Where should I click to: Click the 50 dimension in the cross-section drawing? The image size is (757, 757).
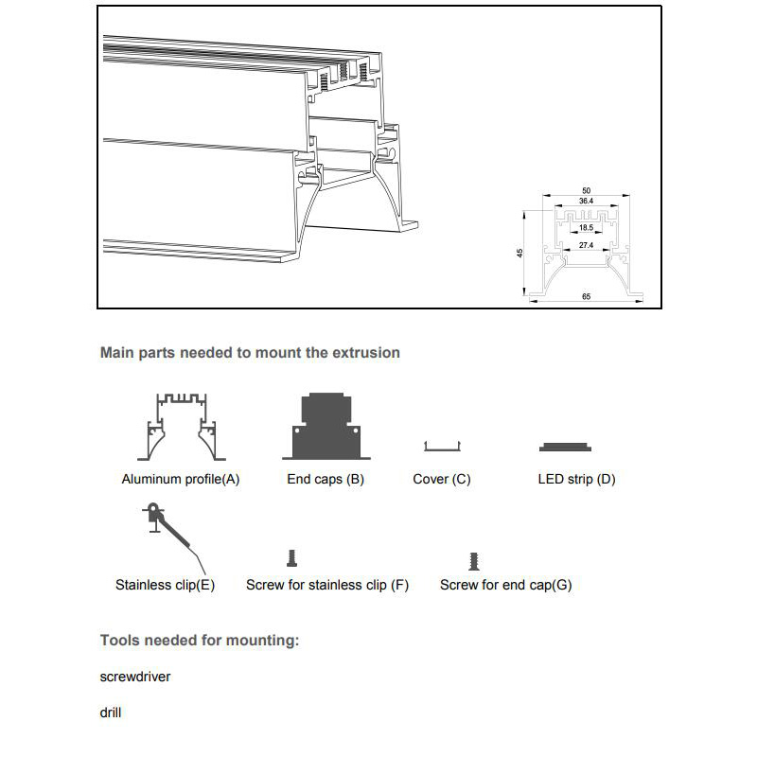[x=586, y=191]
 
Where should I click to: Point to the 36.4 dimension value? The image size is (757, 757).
[x=586, y=202]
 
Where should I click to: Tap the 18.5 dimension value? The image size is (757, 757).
[x=586, y=228]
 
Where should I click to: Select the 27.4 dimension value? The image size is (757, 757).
[x=586, y=245]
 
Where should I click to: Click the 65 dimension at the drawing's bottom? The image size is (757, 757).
[x=586, y=297]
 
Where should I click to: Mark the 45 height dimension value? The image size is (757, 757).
[x=520, y=253]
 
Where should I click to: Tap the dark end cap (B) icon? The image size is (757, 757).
[x=325, y=426]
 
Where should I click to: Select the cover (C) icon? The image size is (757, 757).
[x=441, y=446]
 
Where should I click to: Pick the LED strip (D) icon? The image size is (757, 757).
[x=566, y=447]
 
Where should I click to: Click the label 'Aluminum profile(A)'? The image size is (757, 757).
[x=181, y=479]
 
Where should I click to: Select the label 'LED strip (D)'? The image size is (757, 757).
[x=576, y=479]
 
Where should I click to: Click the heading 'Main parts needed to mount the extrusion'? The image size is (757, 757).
[x=250, y=353]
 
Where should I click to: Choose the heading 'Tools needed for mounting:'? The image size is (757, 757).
[x=200, y=641]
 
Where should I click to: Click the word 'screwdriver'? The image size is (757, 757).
[x=135, y=677]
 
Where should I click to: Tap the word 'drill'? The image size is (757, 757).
[x=111, y=713]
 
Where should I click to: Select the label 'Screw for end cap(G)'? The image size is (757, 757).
[x=505, y=585]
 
